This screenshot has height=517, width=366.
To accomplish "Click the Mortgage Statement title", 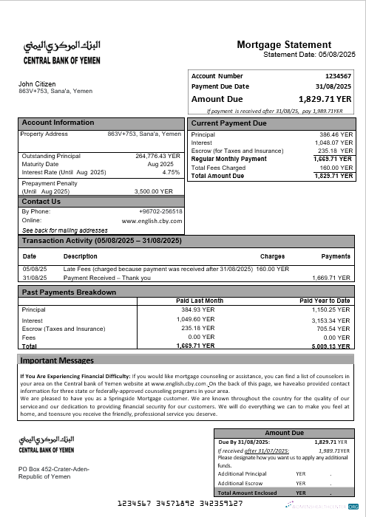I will tap(284, 45).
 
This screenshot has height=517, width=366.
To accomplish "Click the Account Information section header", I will tap(58, 123).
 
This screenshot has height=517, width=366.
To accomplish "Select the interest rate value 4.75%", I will tap(171, 172).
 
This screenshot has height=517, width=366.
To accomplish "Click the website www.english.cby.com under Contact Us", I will tap(152, 220).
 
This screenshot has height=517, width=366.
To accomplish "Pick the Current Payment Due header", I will tap(229, 123).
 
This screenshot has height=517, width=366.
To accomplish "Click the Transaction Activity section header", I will tap(101, 241).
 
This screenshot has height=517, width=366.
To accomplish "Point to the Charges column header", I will tap(272, 256).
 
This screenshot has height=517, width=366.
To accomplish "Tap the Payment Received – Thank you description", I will tap(107, 278).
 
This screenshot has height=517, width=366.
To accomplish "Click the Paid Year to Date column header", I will tap(325, 301).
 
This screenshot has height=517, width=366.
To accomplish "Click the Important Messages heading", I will tap(57, 360).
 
